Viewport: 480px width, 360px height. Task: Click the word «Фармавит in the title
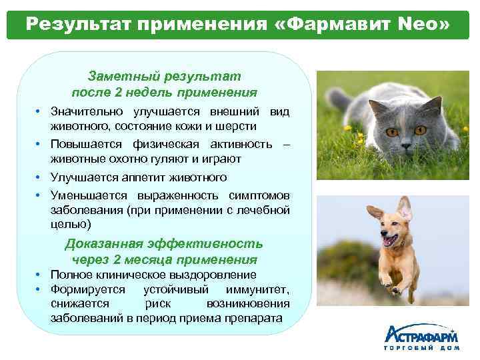tap(333, 24)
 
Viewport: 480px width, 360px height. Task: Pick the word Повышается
tap(84, 145)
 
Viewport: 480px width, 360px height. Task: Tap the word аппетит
tap(155, 177)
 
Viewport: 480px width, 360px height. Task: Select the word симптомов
tap(260, 196)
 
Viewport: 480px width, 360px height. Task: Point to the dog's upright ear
tap(404, 207)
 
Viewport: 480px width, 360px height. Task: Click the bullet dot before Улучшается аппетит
tap(41, 178)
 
